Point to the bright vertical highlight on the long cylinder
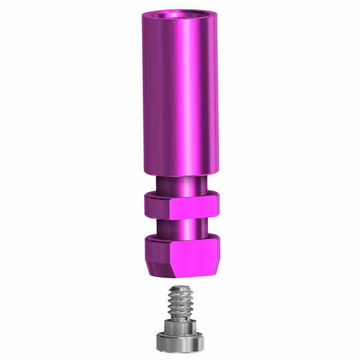click(x=190, y=90)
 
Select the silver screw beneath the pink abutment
click(x=180, y=318)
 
